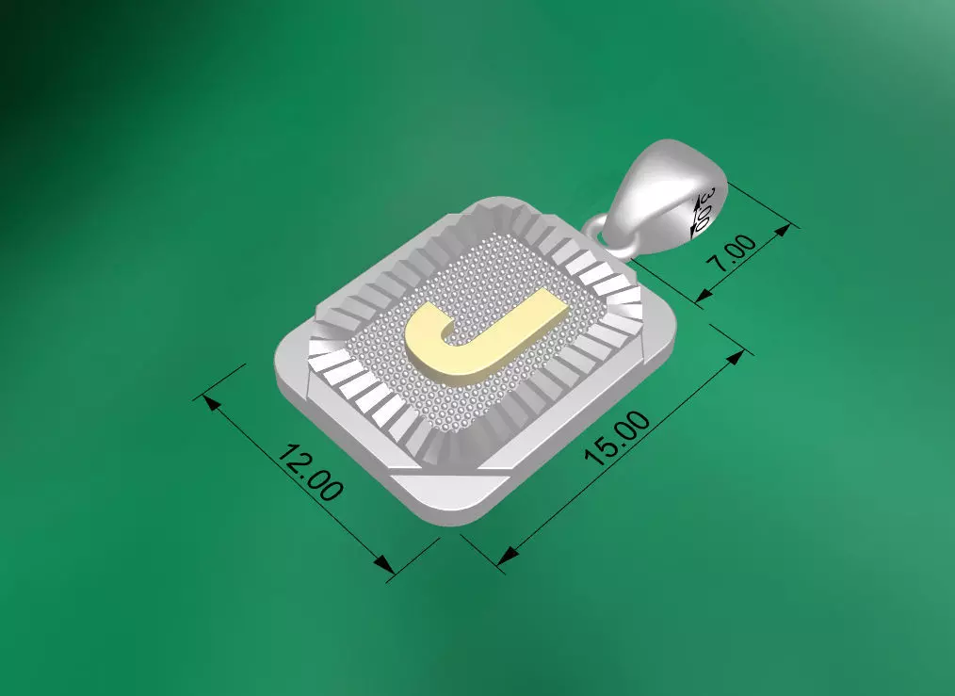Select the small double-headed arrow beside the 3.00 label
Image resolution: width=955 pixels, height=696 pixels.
coord(700,211)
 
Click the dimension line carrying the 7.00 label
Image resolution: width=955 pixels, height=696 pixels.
coord(744,263)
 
